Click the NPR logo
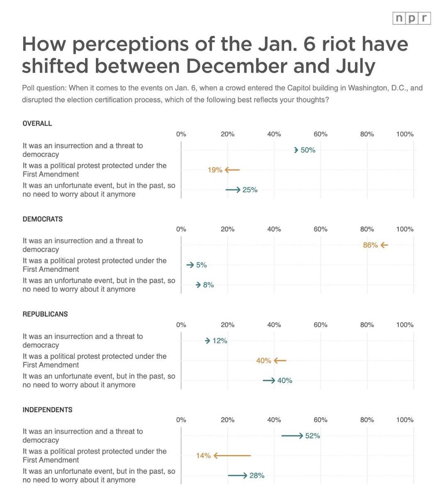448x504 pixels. [x=411, y=19]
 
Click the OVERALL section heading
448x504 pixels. [x=37, y=124]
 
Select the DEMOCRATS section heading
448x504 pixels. [x=43, y=219]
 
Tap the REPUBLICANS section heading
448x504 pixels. [x=45, y=314]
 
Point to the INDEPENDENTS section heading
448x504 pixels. [x=47, y=410]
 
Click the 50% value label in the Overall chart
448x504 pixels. [x=308, y=150]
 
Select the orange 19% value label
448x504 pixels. [x=215, y=170]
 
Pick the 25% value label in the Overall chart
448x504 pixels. [x=250, y=190]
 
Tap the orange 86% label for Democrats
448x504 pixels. [x=370, y=245]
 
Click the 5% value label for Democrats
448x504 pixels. [x=201, y=265]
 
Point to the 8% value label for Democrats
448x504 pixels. [x=208, y=285]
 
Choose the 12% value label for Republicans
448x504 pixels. [x=219, y=341]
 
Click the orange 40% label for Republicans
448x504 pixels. [x=263, y=361]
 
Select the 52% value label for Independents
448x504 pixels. [x=312, y=436]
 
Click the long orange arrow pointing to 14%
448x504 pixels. [x=232, y=455]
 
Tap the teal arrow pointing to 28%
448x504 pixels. [x=238, y=475]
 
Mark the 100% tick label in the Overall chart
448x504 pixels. [x=404, y=134]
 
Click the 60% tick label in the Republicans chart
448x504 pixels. [x=320, y=325]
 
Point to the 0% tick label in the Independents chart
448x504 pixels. [x=181, y=420]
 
